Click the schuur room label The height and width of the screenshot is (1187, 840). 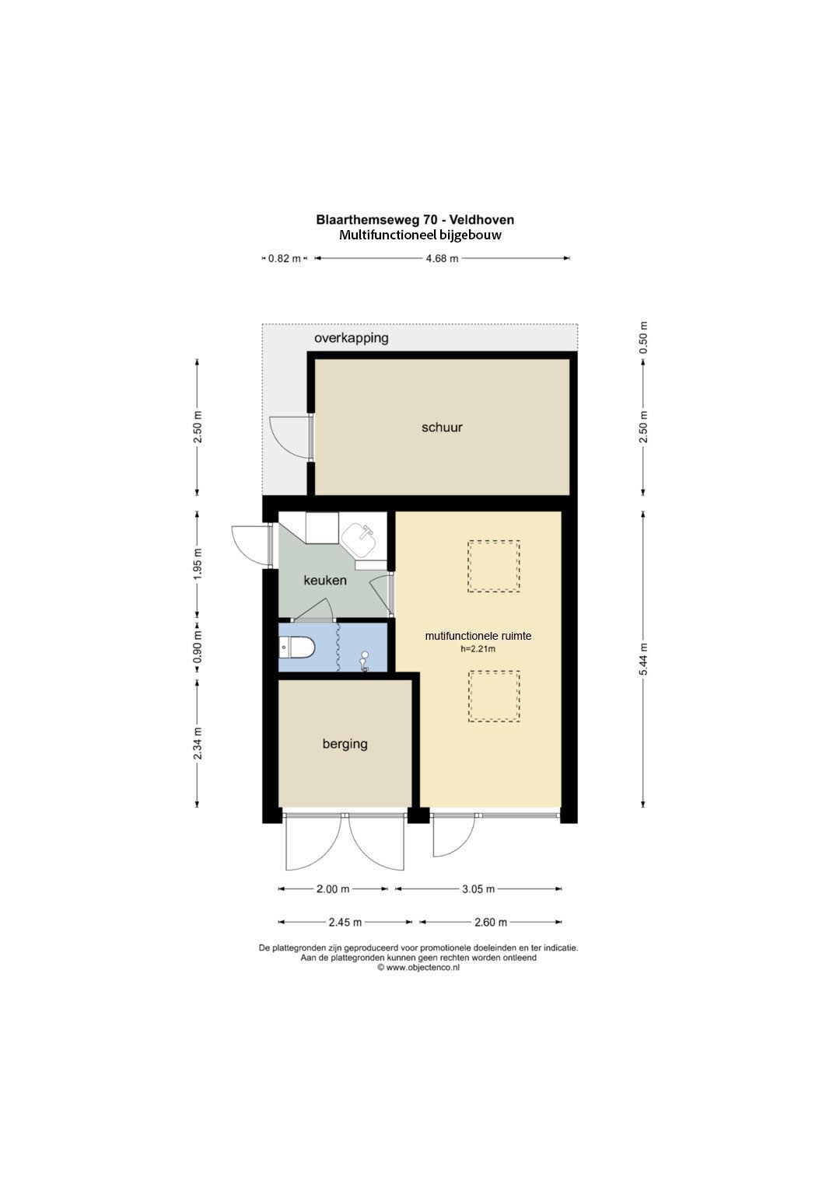[442, 427]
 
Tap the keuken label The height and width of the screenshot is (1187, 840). [325, 580]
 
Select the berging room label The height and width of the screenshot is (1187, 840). [345, 744]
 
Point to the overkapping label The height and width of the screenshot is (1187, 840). [351, 338]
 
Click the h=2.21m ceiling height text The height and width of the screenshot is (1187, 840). [478, 648]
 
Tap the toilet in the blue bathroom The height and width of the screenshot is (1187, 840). [297, 647]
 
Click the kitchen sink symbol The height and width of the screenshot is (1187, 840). [360, 540]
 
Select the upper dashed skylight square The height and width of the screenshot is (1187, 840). [493, 566]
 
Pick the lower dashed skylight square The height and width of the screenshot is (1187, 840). [493, 696]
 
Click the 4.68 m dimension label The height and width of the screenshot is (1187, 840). [443, 259]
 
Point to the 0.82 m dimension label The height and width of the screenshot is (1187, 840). [284, 259]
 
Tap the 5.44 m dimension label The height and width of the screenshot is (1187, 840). [643, 658]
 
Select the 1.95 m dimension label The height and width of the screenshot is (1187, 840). [198, 563]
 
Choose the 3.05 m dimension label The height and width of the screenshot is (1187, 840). [478, 889]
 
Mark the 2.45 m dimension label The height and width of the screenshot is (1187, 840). [345, 922]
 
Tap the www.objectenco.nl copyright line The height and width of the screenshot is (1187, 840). [418, 967]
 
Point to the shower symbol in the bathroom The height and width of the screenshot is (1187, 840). [364, 662]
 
